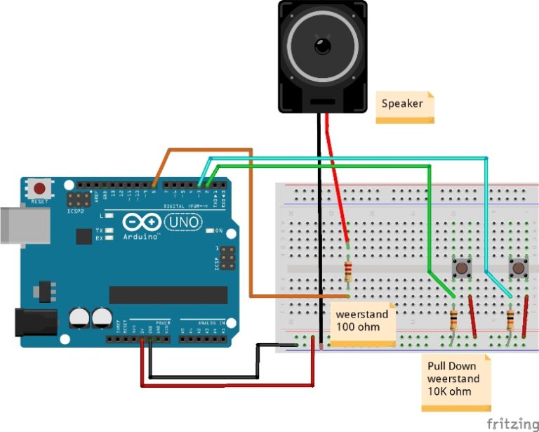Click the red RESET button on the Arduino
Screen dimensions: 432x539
pyautogui.click(x=40, y=189)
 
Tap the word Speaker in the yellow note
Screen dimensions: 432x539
pyautogui.click(x=402, y=103)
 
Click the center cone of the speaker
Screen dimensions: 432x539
pyautogui.click(x=323, y=47)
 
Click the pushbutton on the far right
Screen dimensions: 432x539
pyautogui.click(x=518, y=268)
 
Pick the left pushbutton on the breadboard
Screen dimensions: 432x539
pyautogui.click(x=461, y=268)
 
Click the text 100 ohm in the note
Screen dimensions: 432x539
pyautogui.click(x=357, y=327)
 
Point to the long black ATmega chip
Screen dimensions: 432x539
pyautogui.click(x=168, y=294)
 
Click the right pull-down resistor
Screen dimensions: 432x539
pyautogui.click(x=510, y=320)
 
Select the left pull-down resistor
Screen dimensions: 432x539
pyautogui.click(x=454, y=320)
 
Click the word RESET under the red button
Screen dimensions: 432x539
pyautogui.click(x=40, y=202)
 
